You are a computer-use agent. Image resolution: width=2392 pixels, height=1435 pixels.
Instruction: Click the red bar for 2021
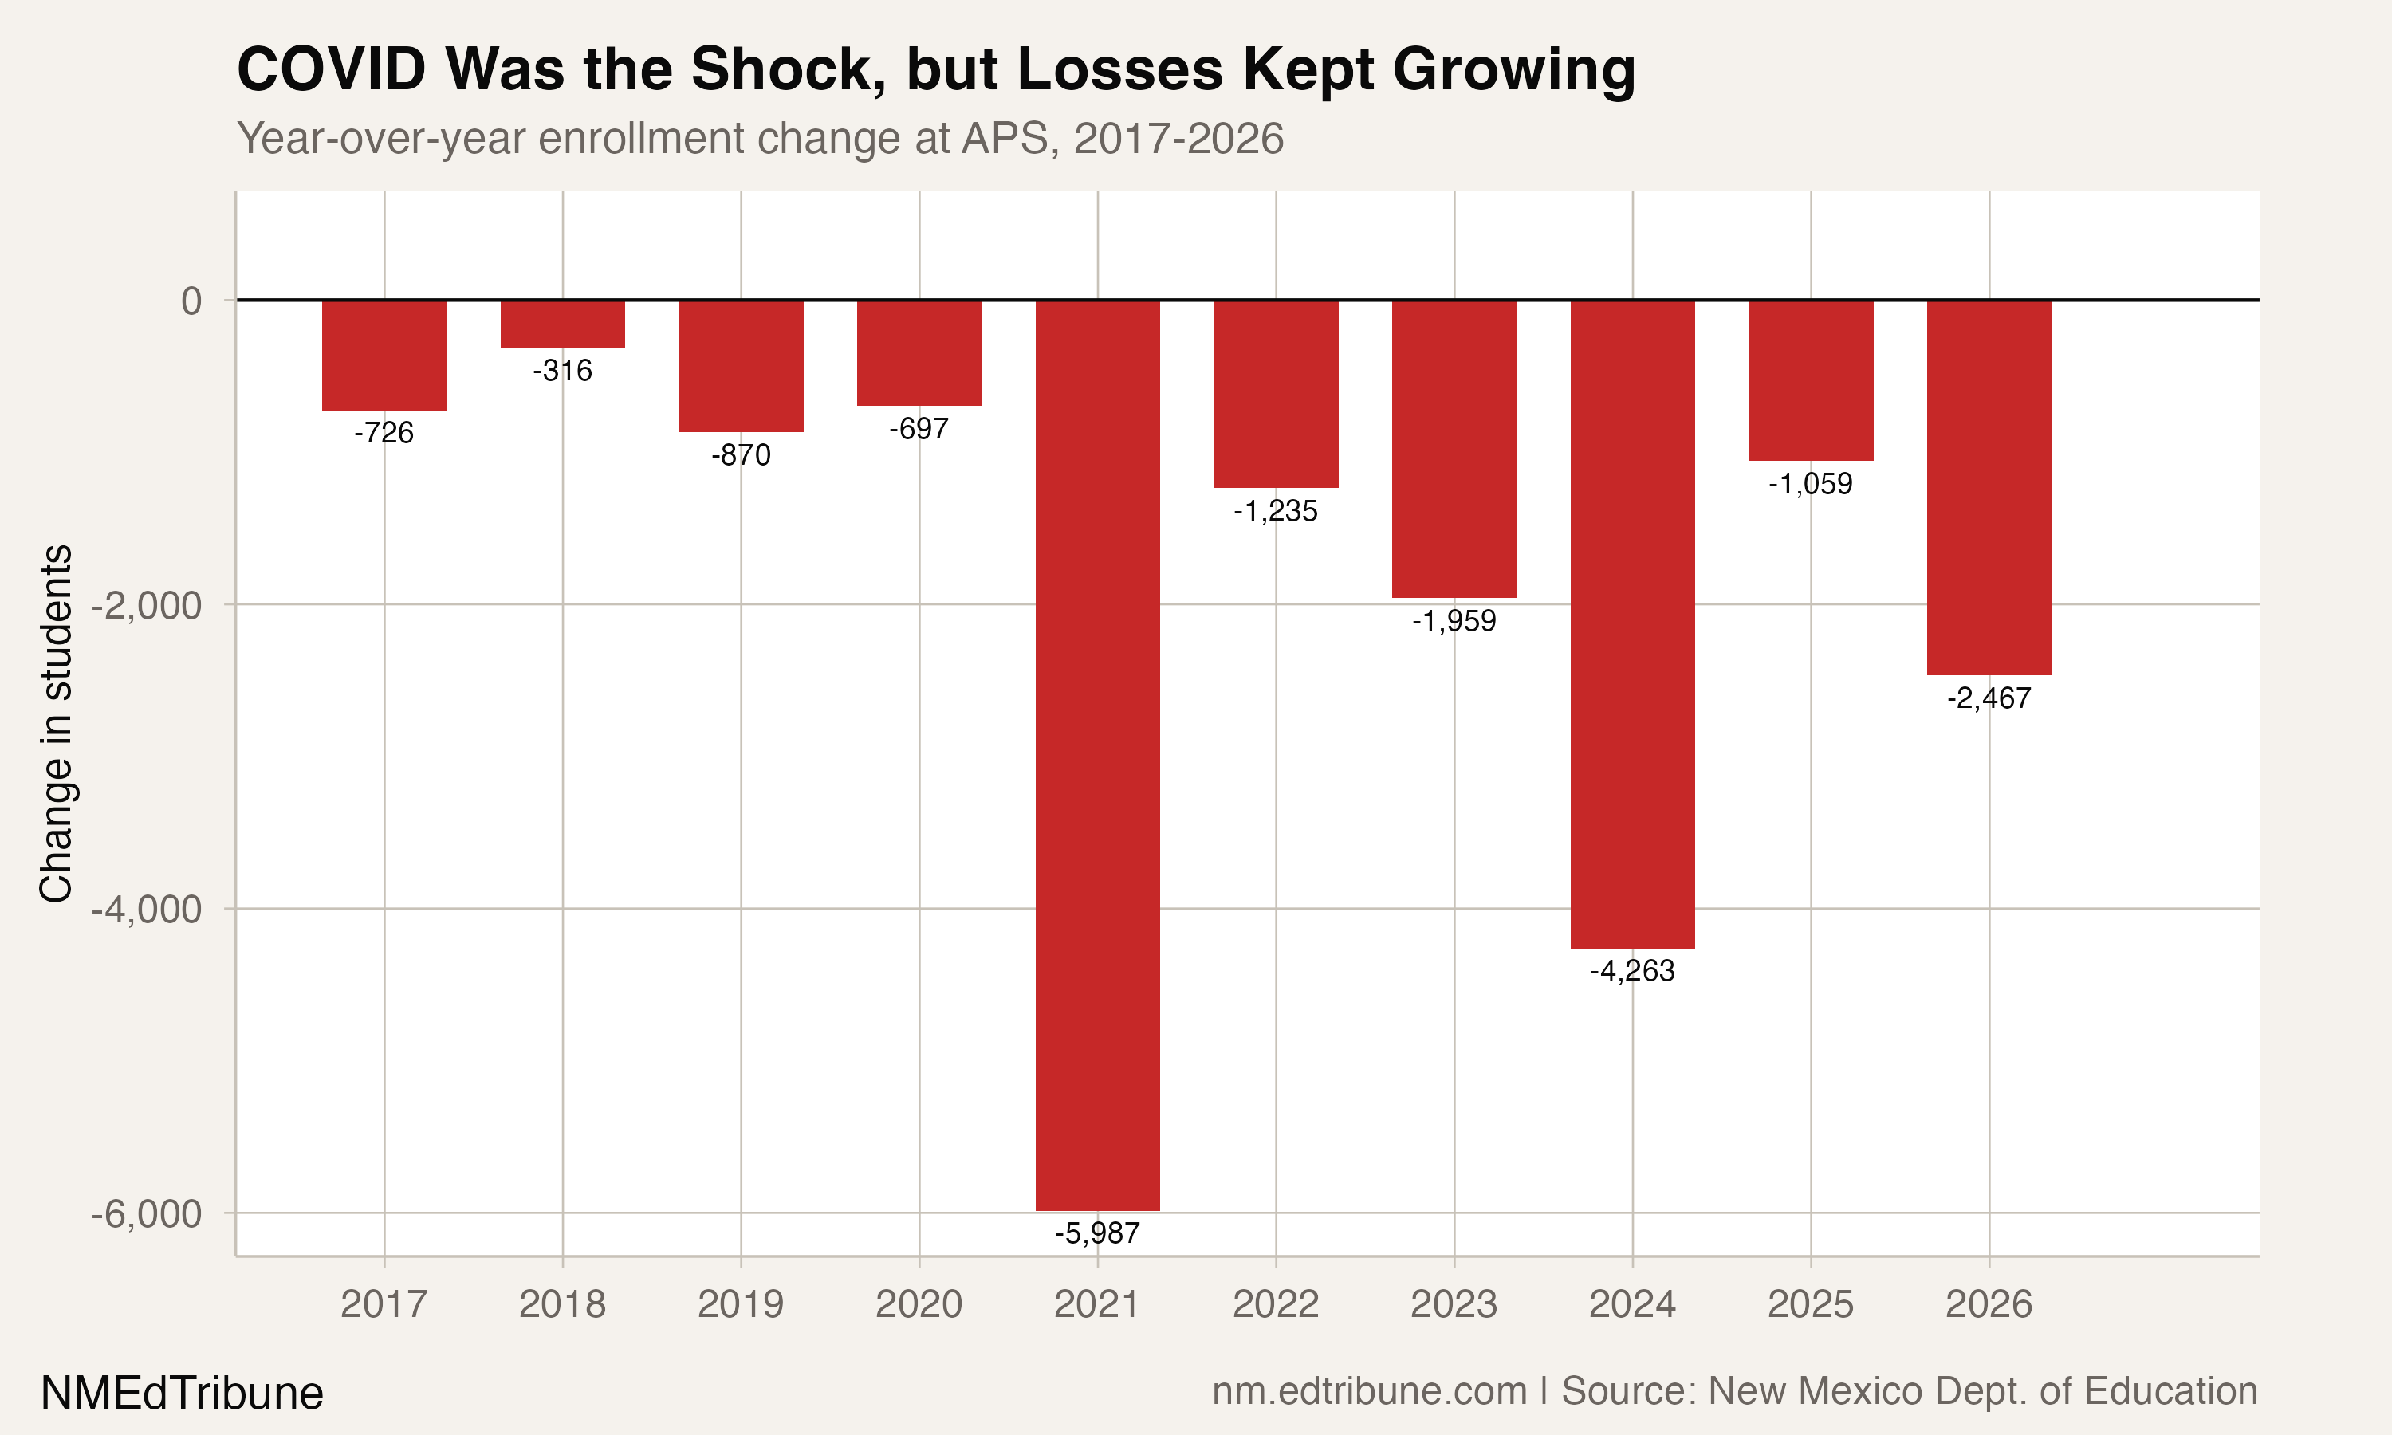click(x=1097, y=754)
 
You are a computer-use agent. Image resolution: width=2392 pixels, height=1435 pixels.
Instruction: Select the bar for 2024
click(x=1632, y=623)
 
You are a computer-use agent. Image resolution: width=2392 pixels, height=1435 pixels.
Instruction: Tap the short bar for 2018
click(x=563, y=324)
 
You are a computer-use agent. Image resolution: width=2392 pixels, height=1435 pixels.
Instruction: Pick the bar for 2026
click(x=1989, y=487)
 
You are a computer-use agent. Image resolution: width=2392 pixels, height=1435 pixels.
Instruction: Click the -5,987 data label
click(x=1097, y=1233)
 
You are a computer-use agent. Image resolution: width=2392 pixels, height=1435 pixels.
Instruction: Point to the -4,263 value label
click(x=1632, y=970)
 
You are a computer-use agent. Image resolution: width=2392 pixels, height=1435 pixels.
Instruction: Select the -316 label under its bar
click(x=563, y=371)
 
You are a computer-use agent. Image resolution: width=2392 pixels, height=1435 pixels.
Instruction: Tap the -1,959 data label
click(x=1454, y=619)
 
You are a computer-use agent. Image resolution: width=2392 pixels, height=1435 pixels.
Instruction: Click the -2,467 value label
click(x=1989, y=698)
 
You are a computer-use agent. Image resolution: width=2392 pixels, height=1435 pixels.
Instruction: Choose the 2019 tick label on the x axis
click(x=741, y=1304)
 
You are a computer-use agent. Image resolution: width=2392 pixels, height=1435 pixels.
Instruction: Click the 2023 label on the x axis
click(x=1454, y=1304)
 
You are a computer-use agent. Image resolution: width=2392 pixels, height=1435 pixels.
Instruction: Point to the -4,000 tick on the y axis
click(x=147, y=909)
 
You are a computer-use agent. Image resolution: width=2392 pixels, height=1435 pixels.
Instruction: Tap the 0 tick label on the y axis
click(x=191, y=301)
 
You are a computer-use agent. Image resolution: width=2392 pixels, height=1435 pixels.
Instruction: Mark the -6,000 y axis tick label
click(x=147, y=1213)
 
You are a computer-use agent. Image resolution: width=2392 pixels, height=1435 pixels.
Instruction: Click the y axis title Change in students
click(x=56, y=723)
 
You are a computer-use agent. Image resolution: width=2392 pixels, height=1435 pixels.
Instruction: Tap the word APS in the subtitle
click(x=1004, y=138)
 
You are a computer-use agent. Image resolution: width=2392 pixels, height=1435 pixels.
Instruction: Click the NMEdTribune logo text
click(x=182, y=1394)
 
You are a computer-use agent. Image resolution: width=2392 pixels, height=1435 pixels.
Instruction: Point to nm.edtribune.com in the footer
click(x=1369, y=1390)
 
